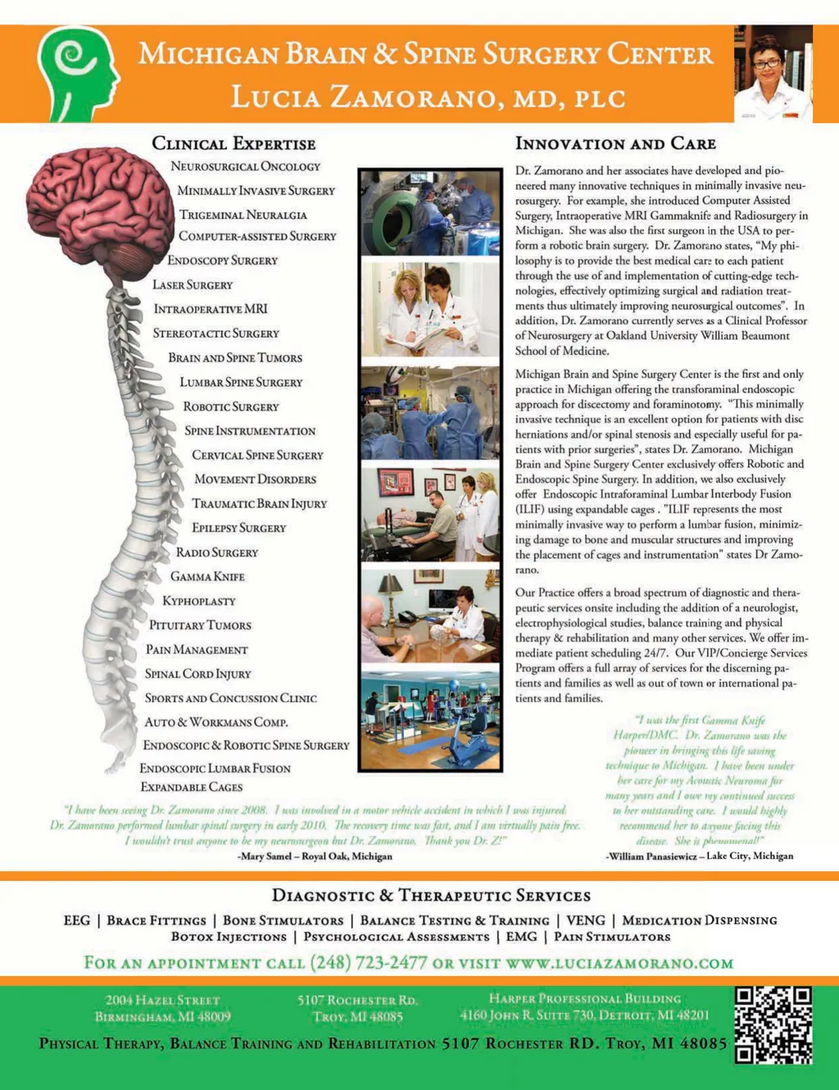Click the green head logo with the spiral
tap(78, 74)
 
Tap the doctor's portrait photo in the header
tap(773, 75)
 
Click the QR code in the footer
tap(773, 1024)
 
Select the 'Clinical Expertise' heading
tap(234, 144)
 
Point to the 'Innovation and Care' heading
tap(615, 144)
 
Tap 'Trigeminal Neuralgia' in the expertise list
tap(243, 215)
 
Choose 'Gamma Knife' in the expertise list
tap(207, 577)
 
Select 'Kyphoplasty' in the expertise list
tap(199, 601)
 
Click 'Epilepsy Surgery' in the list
tap(239, 528)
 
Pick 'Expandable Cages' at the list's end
tap(192, 787)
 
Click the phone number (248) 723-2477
tap(368, 962)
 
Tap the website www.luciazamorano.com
tap(619, 962)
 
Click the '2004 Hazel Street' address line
tap(162, 1000)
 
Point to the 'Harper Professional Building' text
tap(584, 998)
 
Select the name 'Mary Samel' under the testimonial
tap(265, 856)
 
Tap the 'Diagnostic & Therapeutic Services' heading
tap(431, 896)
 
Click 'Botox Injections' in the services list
tap(229, 936)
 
